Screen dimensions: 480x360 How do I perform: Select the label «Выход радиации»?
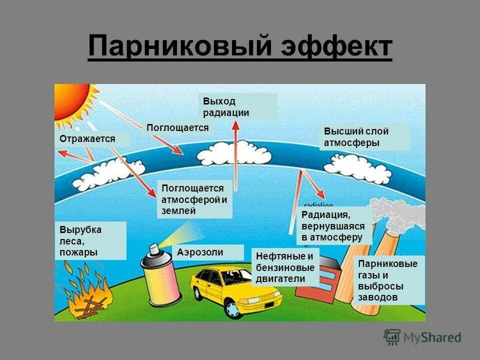pos(237,106)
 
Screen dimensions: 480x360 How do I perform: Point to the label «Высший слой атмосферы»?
pos(364,137)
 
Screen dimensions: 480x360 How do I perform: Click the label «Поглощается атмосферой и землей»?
pos(194,199)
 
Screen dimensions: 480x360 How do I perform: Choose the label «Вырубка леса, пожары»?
pos(90,240)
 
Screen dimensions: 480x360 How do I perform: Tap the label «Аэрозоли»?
pos(207,252)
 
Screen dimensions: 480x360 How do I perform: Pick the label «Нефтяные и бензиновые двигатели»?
pos(285,267)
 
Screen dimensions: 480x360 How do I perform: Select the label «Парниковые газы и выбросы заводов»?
pos(388,280)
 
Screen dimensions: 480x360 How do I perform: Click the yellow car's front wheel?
pos(232,308)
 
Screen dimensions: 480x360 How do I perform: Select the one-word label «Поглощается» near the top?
pos(177,127)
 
